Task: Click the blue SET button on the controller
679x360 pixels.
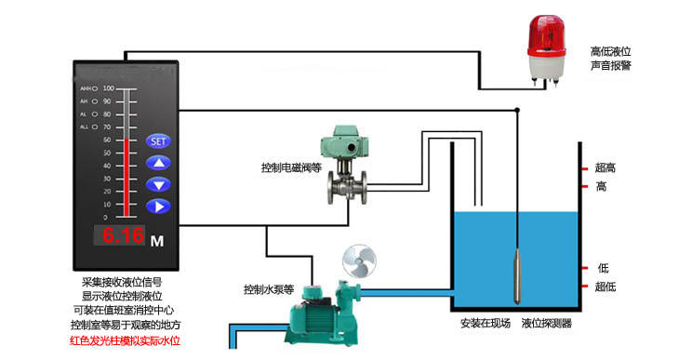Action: (157, 141)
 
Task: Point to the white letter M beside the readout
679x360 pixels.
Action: (157, 241)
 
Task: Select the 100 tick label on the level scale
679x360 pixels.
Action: (107, 88)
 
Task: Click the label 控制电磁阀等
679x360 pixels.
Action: (291, 169)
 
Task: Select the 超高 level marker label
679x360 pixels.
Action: (606, 168)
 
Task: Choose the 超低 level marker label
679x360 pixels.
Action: (606, 287)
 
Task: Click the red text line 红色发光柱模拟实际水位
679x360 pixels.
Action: (125, 341)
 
